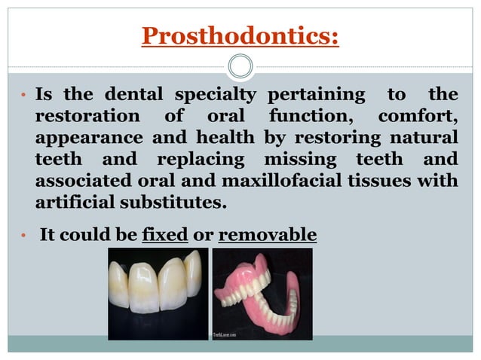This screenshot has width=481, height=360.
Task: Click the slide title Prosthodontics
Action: click(x=240, y=35)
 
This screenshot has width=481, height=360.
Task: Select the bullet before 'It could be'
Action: click(x=23, y=236)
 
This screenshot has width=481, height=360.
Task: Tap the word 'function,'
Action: click(x=315, y=117)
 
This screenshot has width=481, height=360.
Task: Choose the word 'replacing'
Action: click(x=201, y=160)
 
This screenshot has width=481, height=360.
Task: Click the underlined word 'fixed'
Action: click(x=164, y=235)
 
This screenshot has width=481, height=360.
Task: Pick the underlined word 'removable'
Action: click(x=268, y=235)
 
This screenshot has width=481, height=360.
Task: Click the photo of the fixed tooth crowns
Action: click(x=157, y=294)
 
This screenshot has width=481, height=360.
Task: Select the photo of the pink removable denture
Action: click(x=262, y=294)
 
